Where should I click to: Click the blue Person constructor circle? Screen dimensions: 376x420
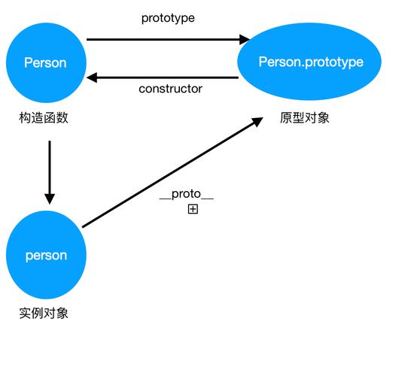coord(45,62)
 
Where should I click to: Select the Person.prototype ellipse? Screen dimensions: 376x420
coord(311,62)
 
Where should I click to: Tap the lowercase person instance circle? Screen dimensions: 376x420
coord(46,256)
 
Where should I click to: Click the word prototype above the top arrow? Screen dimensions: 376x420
coord(168,18)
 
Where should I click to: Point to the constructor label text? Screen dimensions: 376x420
coord(170,89)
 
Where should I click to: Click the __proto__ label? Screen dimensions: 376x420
coord(187,194)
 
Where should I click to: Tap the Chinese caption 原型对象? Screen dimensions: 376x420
coord(304,118)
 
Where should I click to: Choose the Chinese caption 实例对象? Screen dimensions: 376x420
coord(44,313)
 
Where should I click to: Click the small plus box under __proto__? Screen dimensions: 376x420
coord(193,209)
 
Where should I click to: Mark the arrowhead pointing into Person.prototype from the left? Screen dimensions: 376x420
coord(245,39)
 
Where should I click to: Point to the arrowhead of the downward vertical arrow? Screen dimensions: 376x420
coord(50,198)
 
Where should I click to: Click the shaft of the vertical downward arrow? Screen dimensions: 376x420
coord(50,165)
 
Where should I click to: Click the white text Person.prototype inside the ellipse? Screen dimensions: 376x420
coord(311,62)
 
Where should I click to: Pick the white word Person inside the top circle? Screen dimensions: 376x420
coord(45,62)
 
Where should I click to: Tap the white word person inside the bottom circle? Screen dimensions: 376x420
coord(46,256)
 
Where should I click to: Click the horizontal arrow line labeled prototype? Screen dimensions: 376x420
coord(166,39)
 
